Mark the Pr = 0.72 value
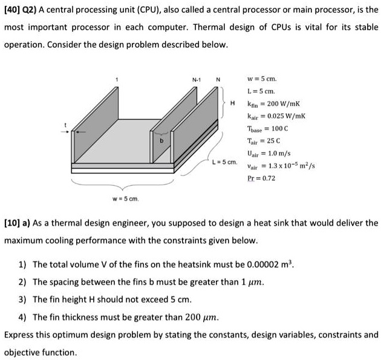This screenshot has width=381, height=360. coord(262,179)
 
